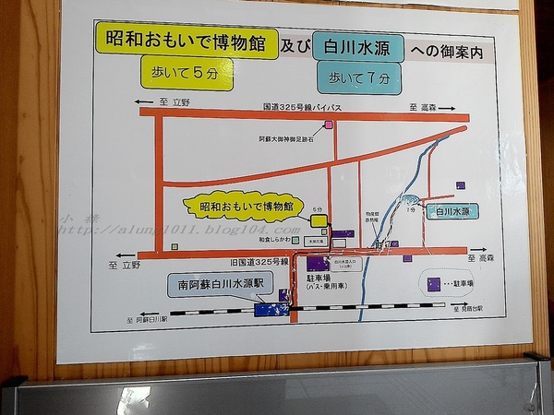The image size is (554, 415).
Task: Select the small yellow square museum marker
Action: coord(319,220)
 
